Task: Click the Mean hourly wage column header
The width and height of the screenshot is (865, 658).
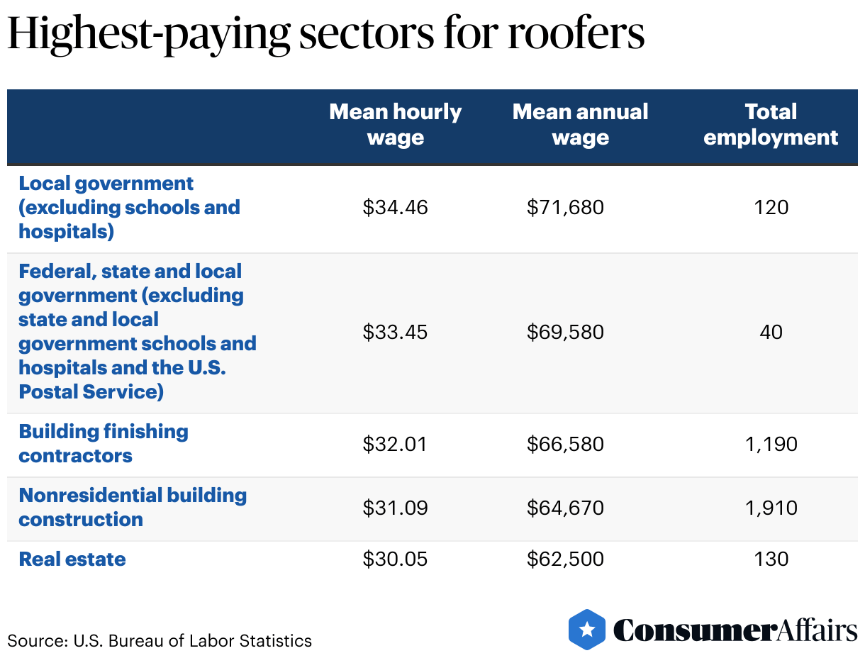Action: pyautogui.click(x=395, y=124)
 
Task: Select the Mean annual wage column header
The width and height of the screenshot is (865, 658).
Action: pyautogui.click(x=580, y=124)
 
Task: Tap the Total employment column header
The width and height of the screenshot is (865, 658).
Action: pyautogui.click(x=771, y=124)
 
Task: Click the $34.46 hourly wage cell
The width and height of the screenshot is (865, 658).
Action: pyautogui.click(x=395, y=207)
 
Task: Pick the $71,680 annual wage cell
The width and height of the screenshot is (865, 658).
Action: pyautogui.click(x=565, y=207)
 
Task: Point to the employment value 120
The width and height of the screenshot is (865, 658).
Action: pyautogui.click(x=771, y=207)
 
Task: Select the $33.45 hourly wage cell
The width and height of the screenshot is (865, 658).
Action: pyautogui.click(x=395, y=332)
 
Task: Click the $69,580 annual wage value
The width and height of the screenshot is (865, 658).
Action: pyautogui.click(x=565, y=332)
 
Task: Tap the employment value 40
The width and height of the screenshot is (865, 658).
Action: pyautogui.click(x=771, y=332)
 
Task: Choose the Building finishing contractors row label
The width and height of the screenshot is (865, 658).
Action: pyautogui.click(x=104, y=443)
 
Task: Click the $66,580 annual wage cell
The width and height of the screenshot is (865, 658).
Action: pyautogui.click(x=565, y=444)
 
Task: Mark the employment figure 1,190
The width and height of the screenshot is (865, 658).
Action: pyautogui.click(x=771, y=444)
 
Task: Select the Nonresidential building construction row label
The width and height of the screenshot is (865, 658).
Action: pyautogui.click(x=133, y=507)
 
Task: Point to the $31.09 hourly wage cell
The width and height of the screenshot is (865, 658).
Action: pyautogui.click(x=395, y=508)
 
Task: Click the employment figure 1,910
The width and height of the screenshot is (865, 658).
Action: pyautogui.click(x=771, y=508)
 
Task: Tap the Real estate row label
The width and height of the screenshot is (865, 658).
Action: pyautogui.click(x=72, y=559)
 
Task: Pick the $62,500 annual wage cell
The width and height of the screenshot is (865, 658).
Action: pyautogui.click(x=565, y=559)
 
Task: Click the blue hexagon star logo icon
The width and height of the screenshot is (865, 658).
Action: pyautogui.click(x=587, y=629)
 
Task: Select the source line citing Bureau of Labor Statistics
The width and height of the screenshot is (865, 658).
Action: pyautogui.click(x=160, y=641)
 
